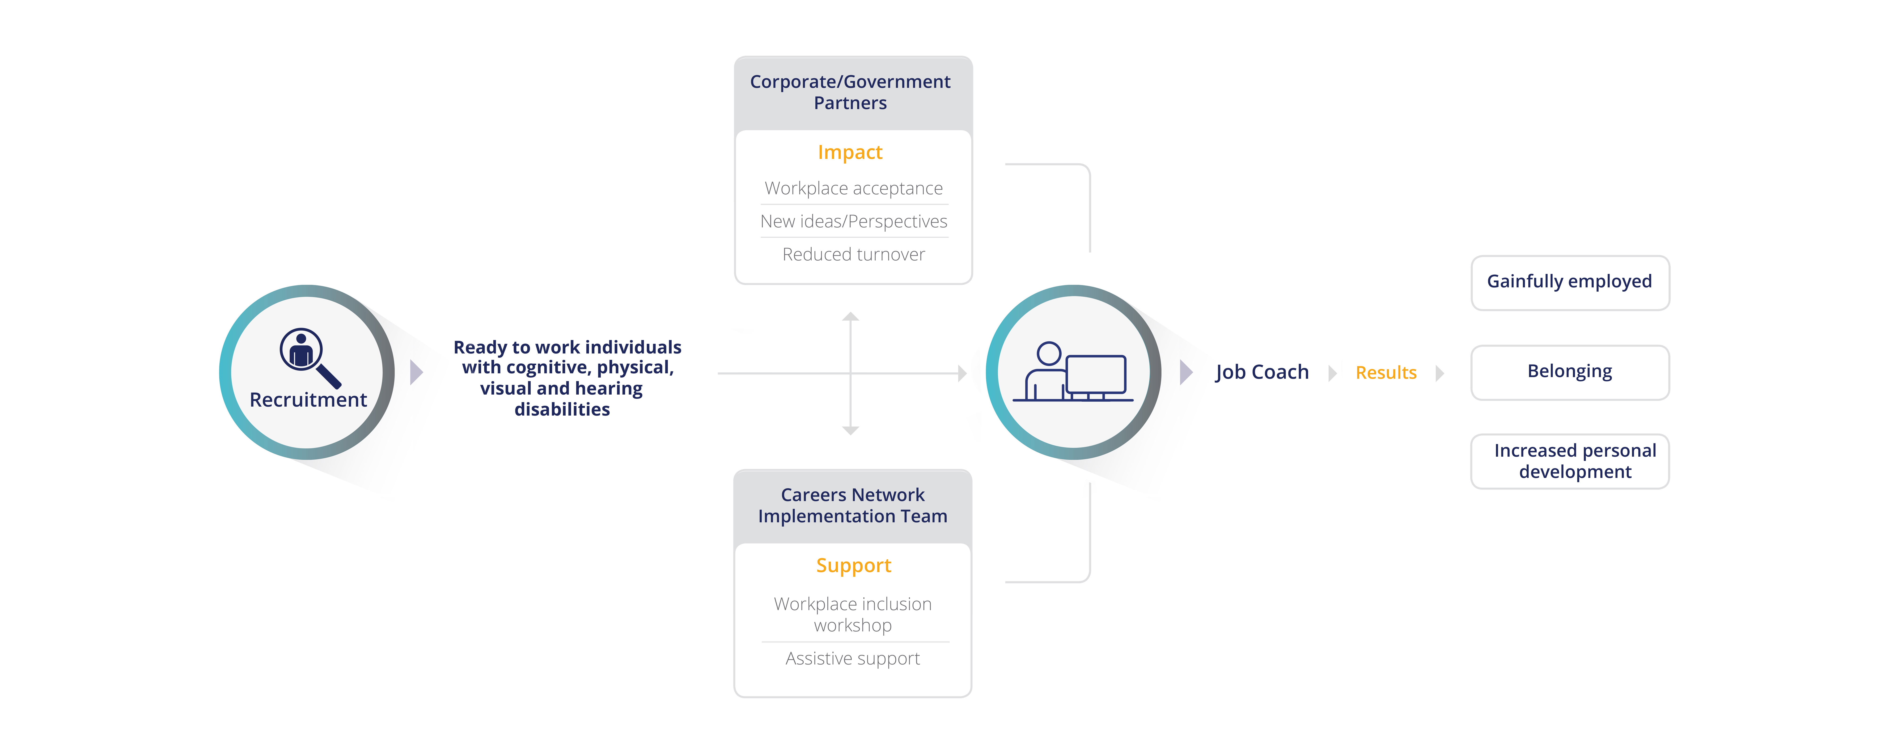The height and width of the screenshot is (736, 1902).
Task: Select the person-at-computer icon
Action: tap(1072, 371)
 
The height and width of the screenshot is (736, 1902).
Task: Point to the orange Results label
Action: tap(1386, 373)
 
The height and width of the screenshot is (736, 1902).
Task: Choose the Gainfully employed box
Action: tap(1570, 283)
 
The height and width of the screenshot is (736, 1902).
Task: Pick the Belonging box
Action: tap(1570, 372)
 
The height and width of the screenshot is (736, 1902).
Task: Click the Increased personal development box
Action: tap(1570, 461)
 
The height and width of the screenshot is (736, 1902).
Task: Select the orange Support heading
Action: tap(854, 566)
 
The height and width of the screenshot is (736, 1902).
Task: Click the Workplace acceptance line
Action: tap(854, 188)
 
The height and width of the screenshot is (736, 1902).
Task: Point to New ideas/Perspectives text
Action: tap(854, 221)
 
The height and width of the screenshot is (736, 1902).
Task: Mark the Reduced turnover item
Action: tap(854, 254)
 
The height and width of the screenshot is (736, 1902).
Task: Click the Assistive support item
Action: tap(853, 659)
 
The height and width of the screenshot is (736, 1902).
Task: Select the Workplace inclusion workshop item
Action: tap(853, 614)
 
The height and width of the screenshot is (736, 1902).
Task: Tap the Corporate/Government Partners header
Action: tap(851, 92)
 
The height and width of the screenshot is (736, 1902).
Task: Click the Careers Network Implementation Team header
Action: tap(853, 506)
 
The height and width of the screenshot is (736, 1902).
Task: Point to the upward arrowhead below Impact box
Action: tap(851, 317)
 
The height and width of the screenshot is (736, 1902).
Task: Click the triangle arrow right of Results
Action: tap(1440, 373)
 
